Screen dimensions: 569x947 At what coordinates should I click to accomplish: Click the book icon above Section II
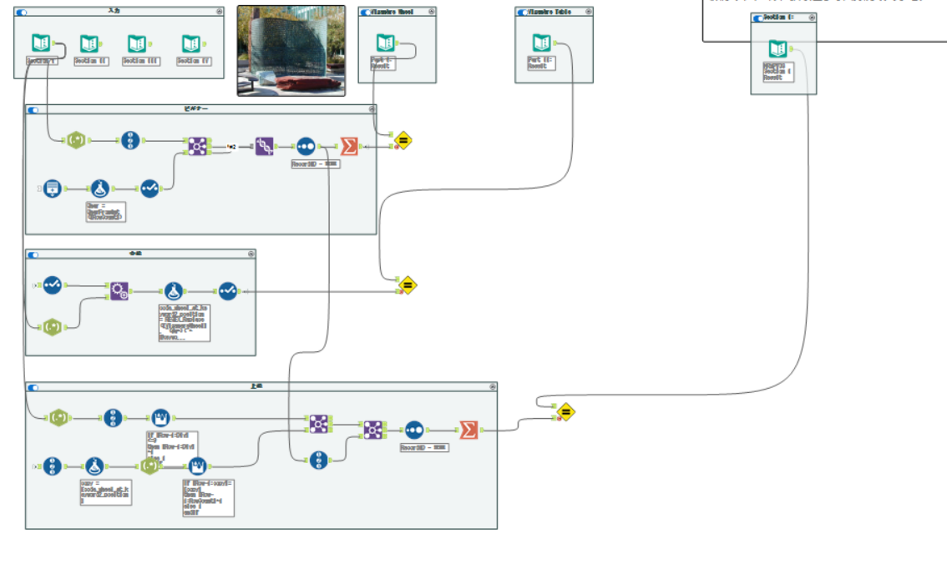[x=89, y=43]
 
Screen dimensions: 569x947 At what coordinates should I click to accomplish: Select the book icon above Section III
[x=137, y=43]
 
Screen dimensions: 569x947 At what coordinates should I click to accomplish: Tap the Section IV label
[x=194, y=61]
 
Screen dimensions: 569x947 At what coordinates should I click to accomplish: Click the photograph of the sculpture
[x=291, y=50]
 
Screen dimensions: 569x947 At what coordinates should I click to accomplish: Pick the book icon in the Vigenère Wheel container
[x=385, y=43]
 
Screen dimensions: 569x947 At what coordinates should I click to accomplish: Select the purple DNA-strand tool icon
[x=265, y=146]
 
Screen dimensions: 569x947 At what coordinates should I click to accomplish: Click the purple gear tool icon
[x=119, y=290]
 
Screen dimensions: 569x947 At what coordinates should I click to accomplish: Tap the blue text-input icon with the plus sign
[x=53, y=188]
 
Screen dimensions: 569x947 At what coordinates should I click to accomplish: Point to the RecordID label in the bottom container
[x=423, y=447]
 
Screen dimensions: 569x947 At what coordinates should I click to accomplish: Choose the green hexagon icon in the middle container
[x=52, y=326]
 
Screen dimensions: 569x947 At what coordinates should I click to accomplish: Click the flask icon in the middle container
[x=173, y=290]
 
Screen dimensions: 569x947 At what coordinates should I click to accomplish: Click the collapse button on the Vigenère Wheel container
[x=431, y=13]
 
